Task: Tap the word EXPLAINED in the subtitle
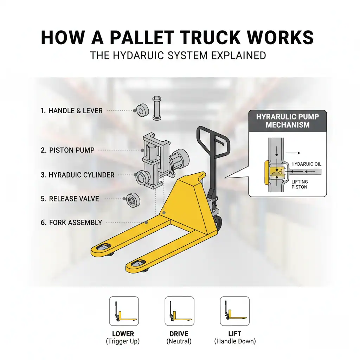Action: pos(239,56)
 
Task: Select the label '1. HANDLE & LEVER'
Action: pos(72,111)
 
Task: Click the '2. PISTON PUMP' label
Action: pos(67,150)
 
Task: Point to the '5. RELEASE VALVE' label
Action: pos(70,199)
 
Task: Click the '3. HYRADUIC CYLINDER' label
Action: pos(77,175)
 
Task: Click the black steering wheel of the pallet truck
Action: pos(218,223)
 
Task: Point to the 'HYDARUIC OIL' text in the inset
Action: pos(307,164)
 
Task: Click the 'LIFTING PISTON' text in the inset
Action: pos(300,184)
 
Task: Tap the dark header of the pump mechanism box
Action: pos(288,121)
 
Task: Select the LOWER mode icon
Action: pos(124,311)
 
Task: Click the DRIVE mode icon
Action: pos(179,311)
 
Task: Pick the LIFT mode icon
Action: pos(235,311)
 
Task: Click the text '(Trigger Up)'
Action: pos(123,341)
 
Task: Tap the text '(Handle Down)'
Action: pos(235,341)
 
